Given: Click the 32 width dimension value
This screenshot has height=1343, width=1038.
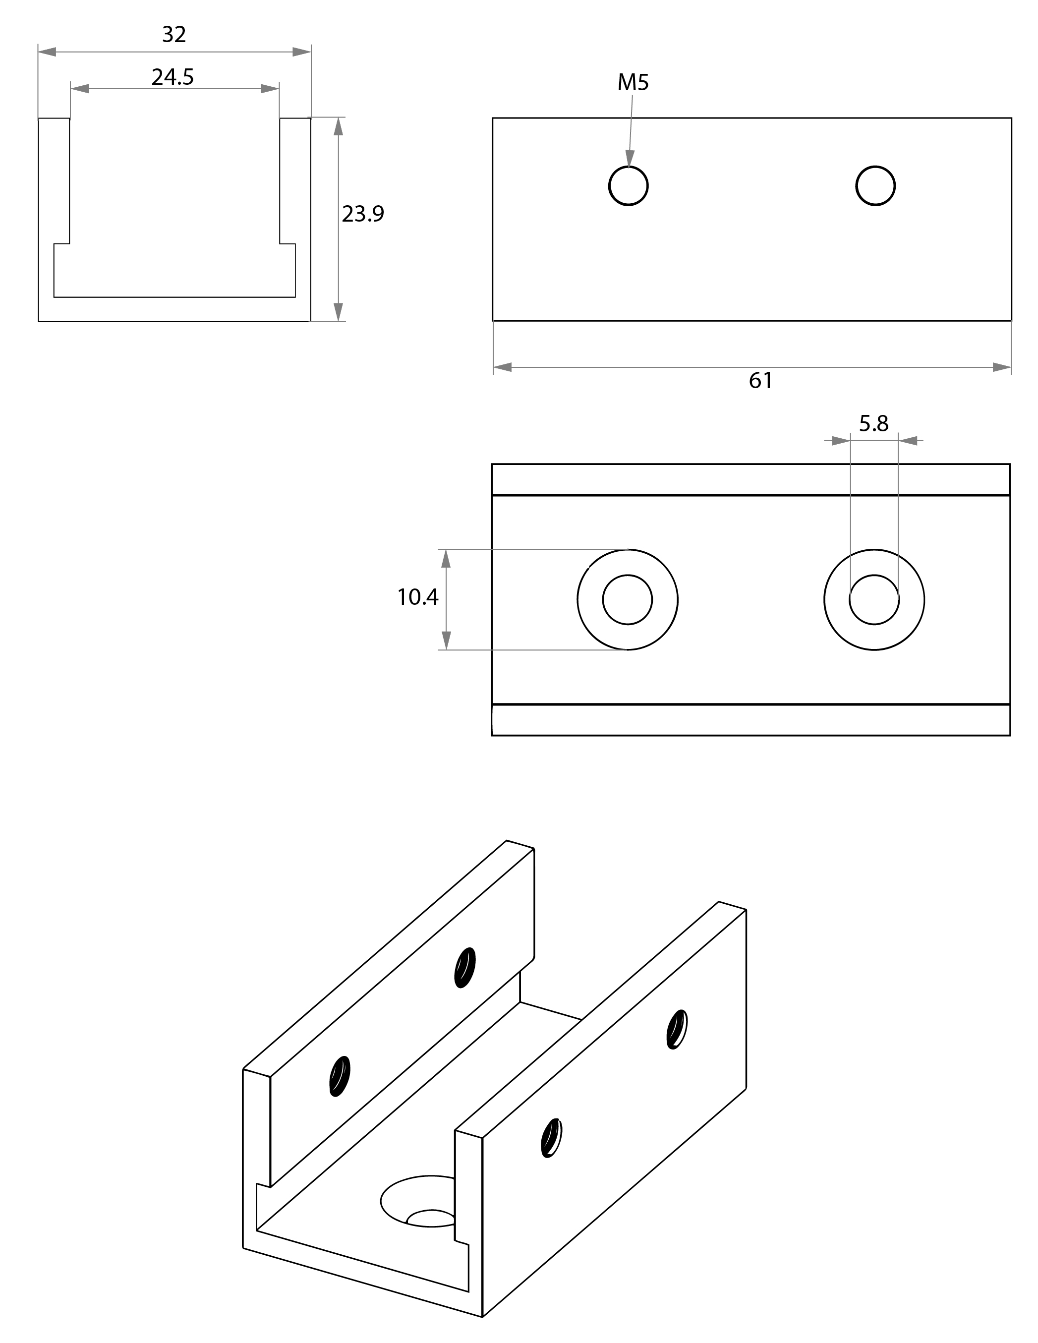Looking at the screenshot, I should click(x=174, y=34).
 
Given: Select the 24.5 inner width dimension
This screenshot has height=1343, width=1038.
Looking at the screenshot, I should click(x=173, y=77).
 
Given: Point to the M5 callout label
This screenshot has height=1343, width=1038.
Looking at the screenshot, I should click(x=633, y=82).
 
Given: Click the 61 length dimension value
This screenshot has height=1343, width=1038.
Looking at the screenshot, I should click(x=761, y=381).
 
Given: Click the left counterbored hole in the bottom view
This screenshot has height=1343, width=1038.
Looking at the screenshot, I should click(x=627, y=599).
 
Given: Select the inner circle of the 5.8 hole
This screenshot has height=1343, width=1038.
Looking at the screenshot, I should click(x=874, y=599).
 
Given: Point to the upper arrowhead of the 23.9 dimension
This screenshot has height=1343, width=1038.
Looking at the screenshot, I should click(x=338, y=126).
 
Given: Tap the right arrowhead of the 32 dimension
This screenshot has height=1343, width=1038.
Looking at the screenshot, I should click(x=301, y=52).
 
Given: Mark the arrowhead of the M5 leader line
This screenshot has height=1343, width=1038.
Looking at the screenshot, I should click(x=629, y=158).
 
